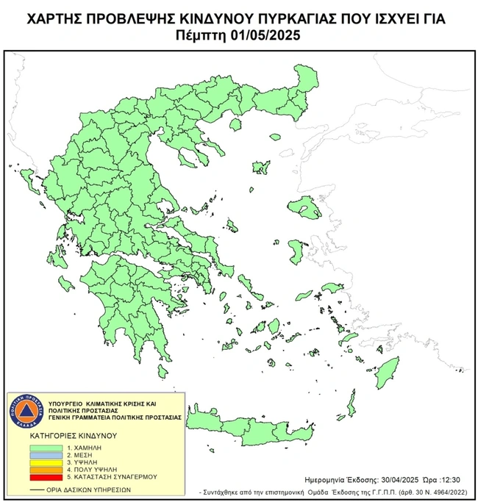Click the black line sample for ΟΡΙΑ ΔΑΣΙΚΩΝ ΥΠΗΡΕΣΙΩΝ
36,488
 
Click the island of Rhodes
383,374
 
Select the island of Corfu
29,178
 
